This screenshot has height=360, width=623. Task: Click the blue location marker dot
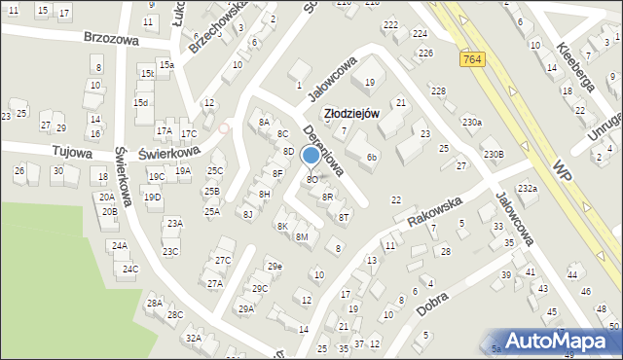311,155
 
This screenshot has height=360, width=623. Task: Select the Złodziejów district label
351,114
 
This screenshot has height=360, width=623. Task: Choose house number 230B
494,154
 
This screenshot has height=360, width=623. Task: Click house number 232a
527,188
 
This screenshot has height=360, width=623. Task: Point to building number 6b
372,157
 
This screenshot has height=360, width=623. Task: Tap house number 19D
153,198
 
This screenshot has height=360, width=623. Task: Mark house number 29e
275,266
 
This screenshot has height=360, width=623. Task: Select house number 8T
344,217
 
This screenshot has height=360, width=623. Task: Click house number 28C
175,314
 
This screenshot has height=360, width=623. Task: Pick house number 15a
166,64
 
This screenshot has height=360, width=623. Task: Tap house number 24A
119,246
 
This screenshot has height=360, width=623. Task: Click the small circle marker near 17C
224,127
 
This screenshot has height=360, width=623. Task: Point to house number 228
438,90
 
